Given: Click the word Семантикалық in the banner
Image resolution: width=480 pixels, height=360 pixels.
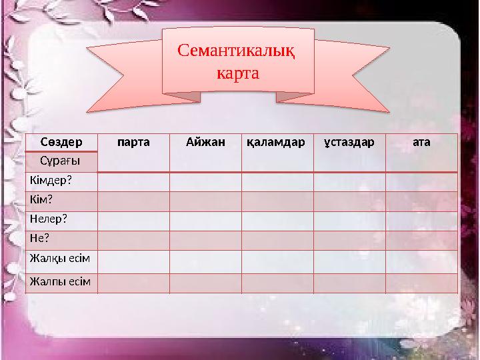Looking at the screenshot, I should point(239,51).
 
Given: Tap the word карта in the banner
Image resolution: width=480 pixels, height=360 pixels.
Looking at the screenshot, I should point(238,71).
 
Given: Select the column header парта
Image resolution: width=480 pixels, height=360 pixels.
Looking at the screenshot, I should point(133,142).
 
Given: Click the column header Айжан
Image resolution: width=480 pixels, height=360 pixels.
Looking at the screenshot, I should point(205,142).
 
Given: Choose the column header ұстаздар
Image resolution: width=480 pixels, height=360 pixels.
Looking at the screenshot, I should point(349,142).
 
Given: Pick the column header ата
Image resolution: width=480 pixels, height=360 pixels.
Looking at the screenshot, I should point(421,142).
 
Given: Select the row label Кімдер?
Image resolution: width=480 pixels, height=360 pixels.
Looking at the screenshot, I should point(50,181).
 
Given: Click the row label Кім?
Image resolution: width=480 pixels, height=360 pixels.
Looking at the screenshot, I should point(41,200).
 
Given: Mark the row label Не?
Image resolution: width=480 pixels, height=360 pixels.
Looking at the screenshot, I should point(39,237).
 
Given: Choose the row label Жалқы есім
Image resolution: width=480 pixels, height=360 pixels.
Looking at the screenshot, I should point(59,257).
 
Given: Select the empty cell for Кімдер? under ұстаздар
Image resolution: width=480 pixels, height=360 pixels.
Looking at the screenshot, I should point(349,181).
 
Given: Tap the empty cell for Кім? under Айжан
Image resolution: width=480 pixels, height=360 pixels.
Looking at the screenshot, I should point(205,201).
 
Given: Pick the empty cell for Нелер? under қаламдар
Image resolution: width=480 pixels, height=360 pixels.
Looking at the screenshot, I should point(277,219).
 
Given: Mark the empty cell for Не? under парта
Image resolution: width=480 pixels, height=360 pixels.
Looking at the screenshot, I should point(133,239).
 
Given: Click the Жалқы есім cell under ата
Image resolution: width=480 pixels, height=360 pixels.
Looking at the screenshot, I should point(421,259).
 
